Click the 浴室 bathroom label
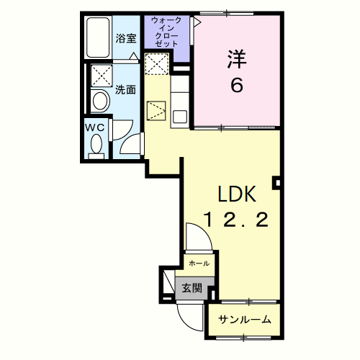[x=126, y=38]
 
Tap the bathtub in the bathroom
[x=98, y=37]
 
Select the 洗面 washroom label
[x=125, y=90]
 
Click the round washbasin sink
[x=101, y=101]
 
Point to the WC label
[x=95, y=127]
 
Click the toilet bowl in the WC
[x=96, y=143]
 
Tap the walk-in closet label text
[x=166, y=32]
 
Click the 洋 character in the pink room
[x=237, y=59]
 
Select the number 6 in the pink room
[x=237, y=86]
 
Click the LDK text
[x=237, y=194]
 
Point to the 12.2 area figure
[x=236, y=220]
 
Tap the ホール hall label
[x=199, y=264]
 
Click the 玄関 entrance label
[x=192, y=288]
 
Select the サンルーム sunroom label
[x=245, y=320]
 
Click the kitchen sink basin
[x=180, y=117]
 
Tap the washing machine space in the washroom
[x=102, y=76]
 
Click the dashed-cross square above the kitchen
[x=157, y=64]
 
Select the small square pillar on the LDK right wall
[x=277, y=183]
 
